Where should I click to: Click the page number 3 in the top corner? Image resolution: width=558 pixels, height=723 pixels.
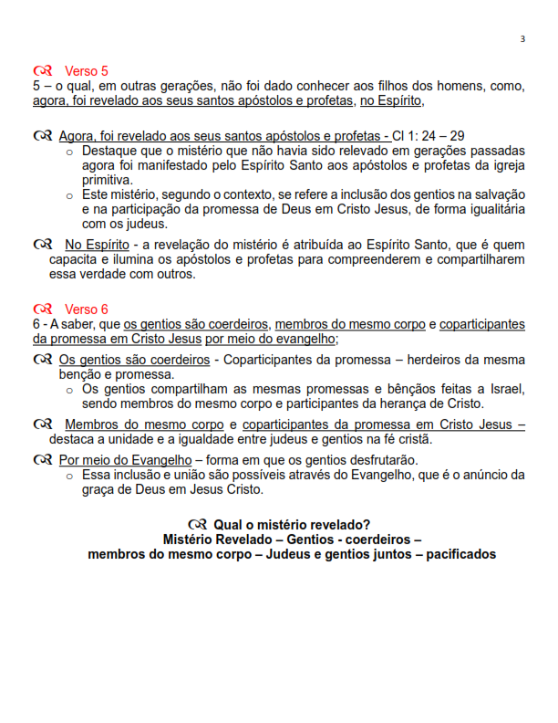(x=522, y=38)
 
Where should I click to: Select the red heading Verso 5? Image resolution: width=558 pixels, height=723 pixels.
(x=86, y=70)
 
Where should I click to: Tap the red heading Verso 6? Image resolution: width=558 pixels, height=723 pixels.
(x=86, y=309)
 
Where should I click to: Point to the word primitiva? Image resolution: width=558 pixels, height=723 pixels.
(x=109, y=181)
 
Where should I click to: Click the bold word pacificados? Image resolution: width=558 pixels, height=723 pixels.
(x=460, y=554)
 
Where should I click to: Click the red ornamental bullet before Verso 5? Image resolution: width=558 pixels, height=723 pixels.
(x=42, y=70)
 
